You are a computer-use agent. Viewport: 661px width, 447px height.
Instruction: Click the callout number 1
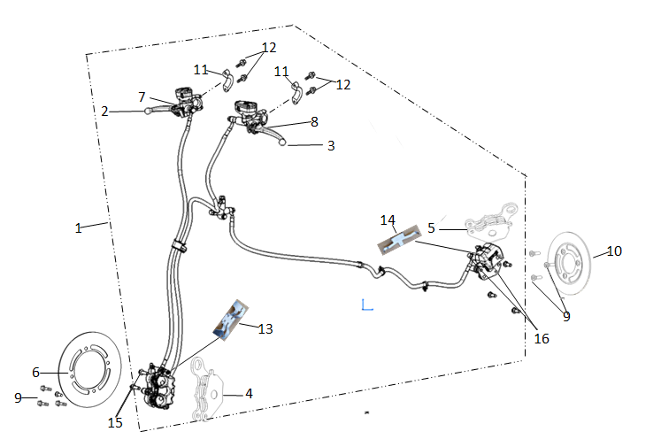click(78, 227)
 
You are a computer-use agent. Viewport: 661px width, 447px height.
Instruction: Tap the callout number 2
click(105, 112)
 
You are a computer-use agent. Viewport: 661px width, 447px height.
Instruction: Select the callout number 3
click(331, 145)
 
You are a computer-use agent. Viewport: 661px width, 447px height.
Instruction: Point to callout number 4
click(249, 393)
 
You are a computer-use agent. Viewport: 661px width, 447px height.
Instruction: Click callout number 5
click(431, 227)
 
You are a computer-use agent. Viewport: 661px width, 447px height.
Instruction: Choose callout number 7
click(142, 96)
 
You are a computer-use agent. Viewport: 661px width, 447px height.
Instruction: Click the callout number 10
click(614, 251)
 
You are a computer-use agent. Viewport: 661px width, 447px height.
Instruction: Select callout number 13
click(266, 328)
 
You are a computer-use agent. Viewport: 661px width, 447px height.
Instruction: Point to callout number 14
click(388, 220)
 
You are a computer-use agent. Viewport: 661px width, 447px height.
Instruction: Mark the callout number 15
click(115, 423)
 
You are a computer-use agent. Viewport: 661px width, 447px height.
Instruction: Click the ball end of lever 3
click(284, 143)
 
